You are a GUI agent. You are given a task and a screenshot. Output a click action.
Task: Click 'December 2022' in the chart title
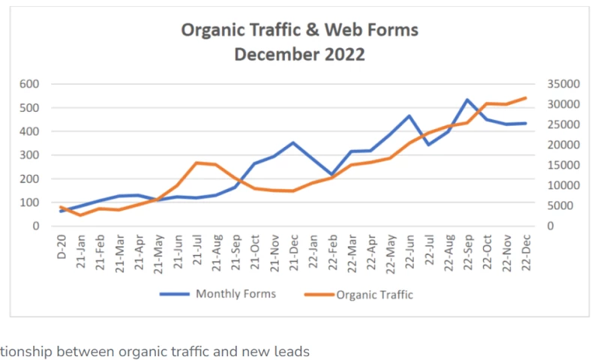(x=299, y=55)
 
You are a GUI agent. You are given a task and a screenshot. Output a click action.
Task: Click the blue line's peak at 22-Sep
(x=466, y=100)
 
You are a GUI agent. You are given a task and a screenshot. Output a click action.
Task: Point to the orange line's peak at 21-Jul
(x=196, y=163)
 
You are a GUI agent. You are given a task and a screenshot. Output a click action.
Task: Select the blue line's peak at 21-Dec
(x=293, y=142)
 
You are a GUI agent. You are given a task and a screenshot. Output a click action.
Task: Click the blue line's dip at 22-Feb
(x=331, y=175)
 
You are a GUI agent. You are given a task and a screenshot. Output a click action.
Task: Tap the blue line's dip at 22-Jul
(x=428, y=144)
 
